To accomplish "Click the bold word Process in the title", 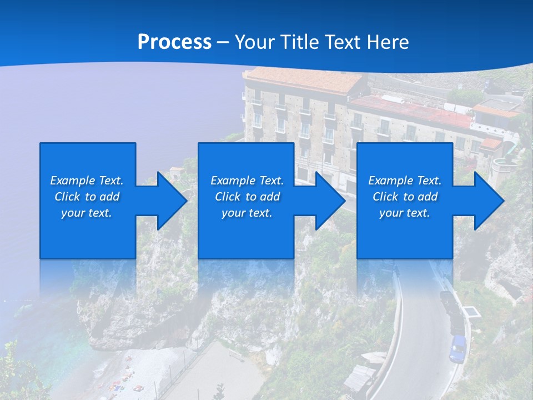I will (174, 42).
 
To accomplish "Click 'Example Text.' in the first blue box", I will (87, 181).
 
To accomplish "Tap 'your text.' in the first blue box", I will (87, 213).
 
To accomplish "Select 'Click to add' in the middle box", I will (247, 197).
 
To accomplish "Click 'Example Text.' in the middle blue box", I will (247, 181).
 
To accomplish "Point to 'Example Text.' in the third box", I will (405, 181).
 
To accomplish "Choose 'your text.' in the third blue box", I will (405, 213).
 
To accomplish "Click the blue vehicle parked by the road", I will (457, 348).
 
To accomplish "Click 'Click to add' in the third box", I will (405, 197).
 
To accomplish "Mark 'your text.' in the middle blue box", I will (247, 213).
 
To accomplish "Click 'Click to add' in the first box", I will (87, 197).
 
